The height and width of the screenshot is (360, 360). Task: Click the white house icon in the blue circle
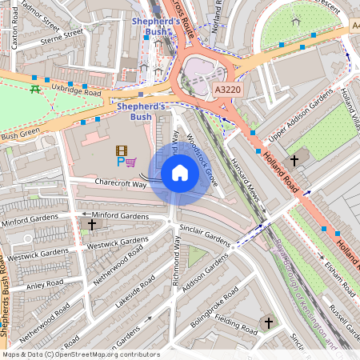pos(180,173)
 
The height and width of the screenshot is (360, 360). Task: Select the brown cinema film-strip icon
pos(121,150)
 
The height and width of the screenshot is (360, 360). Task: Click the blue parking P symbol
pos(121,162)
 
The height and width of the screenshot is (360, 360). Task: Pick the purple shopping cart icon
pos(131,162)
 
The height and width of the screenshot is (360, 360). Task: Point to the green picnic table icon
pos(35,89)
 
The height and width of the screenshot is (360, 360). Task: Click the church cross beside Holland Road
pos(294,161)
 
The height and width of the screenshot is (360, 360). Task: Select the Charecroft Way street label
pos(121,184)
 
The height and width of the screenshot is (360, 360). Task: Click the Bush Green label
pos(20,137)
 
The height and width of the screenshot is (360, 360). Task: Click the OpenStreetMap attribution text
pos(81,354)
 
